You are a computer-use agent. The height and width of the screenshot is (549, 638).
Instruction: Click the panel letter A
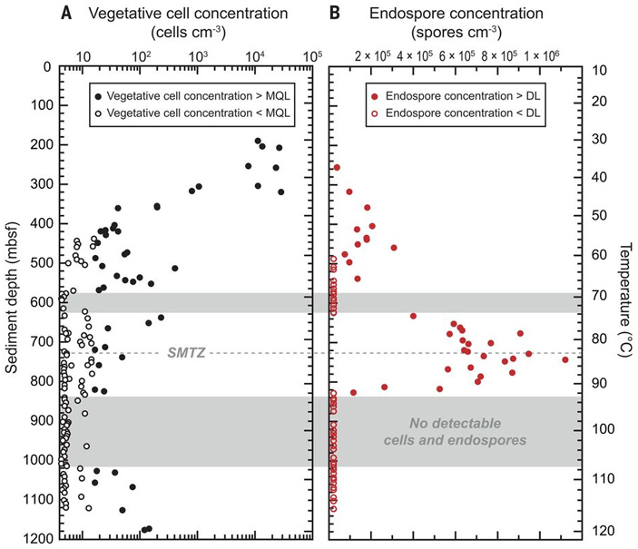click(66, 14)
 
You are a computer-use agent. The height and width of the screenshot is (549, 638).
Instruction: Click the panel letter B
click(334, 14)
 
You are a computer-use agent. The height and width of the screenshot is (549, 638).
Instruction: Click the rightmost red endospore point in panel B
click(564, 359)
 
